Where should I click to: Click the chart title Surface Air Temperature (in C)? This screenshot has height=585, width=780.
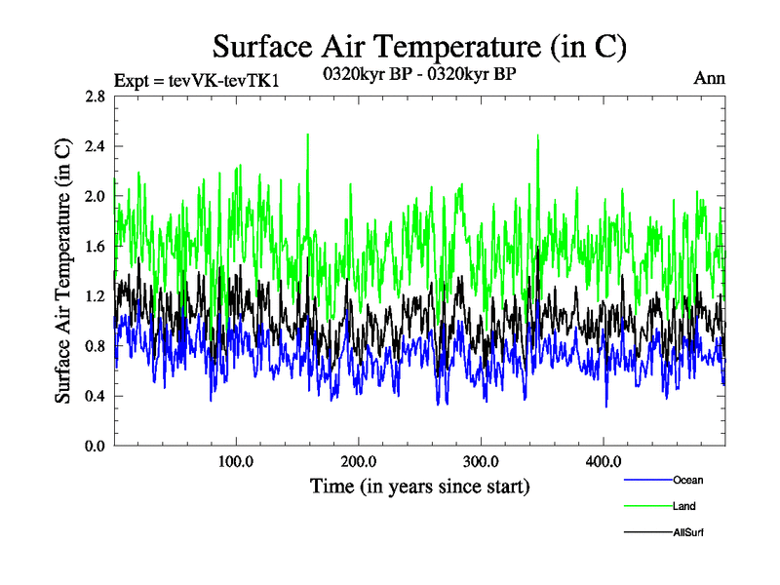[x=419, y=46]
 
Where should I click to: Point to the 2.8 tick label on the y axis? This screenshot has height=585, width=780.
[x=95, y=97]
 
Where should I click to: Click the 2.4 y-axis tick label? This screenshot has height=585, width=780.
[x=95, y=146]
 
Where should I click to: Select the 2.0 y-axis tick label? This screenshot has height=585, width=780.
[x=95, y=196]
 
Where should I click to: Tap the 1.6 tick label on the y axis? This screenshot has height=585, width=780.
[x=95, y=247]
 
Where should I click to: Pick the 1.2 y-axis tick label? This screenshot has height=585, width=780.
[x=95, y=296]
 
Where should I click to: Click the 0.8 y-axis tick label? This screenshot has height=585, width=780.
[x=95, y=346]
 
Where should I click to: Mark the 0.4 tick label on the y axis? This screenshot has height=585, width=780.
[x=95, y=396]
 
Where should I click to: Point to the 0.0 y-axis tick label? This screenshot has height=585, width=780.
[x=95, y=446]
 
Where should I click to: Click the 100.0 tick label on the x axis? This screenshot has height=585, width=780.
[x=236, y=461]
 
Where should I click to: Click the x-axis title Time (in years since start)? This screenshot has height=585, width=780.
[x=419, y=486]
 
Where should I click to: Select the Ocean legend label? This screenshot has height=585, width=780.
[x=687, y=480]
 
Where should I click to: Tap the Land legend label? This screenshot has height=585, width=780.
[x=683, y=506]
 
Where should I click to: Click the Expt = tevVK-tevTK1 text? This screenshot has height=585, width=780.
[x=197, y=80]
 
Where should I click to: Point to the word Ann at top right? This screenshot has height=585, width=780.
[x=709, y=78]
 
